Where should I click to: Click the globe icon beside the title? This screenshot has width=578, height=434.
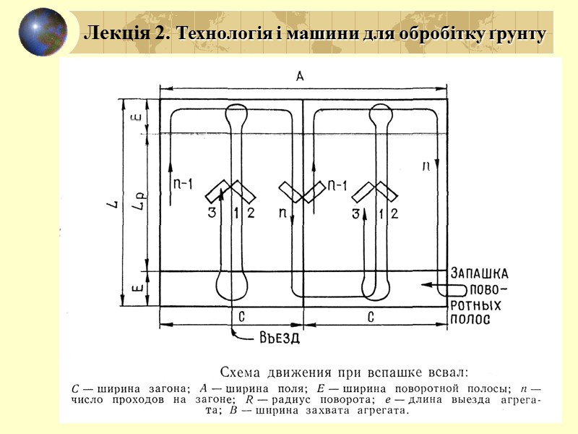pyautogui.click(x=43, y=32)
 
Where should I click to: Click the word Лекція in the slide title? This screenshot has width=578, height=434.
pyautogui.click(x=109, y=33)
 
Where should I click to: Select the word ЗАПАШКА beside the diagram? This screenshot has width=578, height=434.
pyautogui.click(x=480, y=273)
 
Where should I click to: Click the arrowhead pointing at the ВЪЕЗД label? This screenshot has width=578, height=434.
pyautogui.click(x=237, y=335)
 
